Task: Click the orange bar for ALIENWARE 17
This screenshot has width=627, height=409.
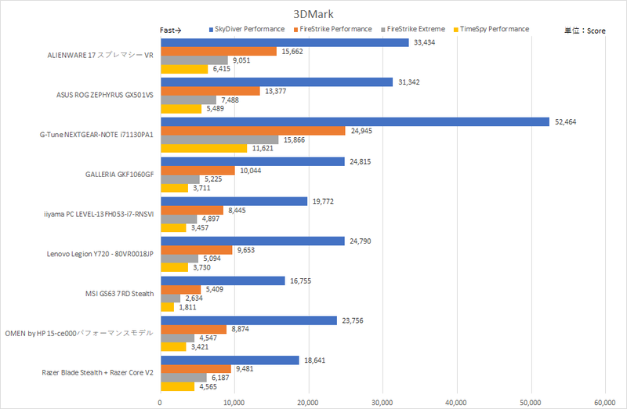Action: point(219,51)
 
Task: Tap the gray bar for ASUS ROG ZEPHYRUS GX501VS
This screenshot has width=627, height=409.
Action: point(188,100)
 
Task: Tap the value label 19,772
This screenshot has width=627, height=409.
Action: point(324,201)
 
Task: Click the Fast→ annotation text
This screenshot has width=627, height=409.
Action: point(170,30)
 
